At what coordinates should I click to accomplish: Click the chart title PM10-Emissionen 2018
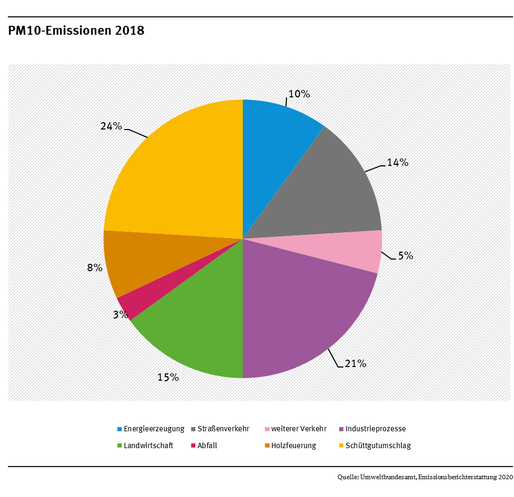pyautogui.click(x=76, y=31)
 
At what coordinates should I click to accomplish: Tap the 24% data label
pyautogui.click(x=111, y=126)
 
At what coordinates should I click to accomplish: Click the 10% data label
pyautogui.click(x=299, y=94)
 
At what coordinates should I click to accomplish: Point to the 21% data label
pyautogui.click(x=355, y=363)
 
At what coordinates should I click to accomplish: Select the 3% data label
pyautogui.click(x=120, y=314)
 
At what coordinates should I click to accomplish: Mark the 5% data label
pyautogui.click(x=405, y=256)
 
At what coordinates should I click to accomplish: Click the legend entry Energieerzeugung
pyautogui.click(x=154, y=429)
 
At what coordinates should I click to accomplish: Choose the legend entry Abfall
pyautogui.click(x=207, y=445)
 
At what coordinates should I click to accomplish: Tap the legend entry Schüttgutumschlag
pyautogui.click(x=378, y=445)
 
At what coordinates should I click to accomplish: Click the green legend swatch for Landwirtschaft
pyautogui.click(x=120, y=445)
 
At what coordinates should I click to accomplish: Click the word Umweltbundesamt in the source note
pyautogui.click(x=390, y=478)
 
